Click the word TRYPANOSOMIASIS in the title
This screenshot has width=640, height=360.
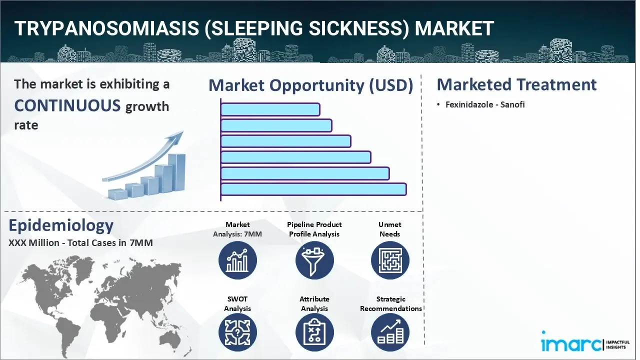106,28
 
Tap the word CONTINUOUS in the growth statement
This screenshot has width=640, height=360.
67,105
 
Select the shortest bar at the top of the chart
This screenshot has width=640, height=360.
270,109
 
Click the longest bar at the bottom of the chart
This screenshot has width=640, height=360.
313,189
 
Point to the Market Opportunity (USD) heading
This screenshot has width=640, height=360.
311,85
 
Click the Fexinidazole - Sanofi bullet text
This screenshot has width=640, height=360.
485,104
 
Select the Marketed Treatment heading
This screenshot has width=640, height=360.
516,84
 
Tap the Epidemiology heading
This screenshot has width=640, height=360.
61,225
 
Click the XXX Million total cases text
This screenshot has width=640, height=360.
80,242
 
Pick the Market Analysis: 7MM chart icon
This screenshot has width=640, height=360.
237,260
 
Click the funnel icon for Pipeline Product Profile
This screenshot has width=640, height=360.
314,260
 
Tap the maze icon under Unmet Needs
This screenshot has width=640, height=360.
390,260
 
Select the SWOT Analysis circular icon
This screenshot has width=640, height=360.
237,332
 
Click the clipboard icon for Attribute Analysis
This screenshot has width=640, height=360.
314,332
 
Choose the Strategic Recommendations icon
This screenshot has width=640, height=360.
390,332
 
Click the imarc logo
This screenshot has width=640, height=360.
585,343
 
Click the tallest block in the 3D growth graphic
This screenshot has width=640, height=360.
176,172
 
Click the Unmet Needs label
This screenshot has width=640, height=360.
389,229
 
